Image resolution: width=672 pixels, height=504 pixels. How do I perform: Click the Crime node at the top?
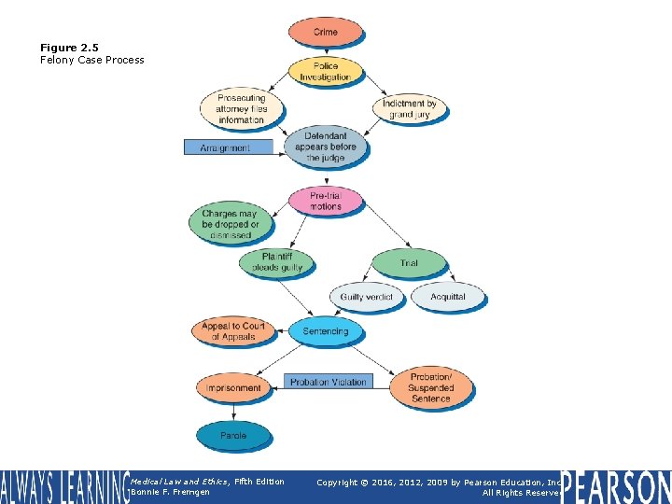[325, 32]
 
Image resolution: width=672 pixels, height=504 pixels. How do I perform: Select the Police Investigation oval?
[325, 72]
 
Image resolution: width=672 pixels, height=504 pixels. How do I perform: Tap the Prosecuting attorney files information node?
[241, 108]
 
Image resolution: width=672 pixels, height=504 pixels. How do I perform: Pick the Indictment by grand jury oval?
[409, 108]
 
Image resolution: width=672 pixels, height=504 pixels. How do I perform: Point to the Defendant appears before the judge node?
[326, 147]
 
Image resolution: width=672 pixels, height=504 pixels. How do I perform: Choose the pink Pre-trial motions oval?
[326, 201]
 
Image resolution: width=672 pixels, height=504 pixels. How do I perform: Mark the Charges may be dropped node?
[230, 224]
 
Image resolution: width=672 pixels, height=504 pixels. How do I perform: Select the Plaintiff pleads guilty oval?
[277, 262]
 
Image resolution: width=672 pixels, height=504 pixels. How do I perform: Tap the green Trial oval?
[409, 263]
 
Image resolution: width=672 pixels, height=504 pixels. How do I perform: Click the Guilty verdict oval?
[367, 297]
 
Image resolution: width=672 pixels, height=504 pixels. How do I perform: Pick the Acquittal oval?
[448, 297]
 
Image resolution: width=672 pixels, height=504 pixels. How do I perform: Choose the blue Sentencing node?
[325, 331]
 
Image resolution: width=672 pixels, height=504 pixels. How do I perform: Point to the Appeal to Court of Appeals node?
[232, 331]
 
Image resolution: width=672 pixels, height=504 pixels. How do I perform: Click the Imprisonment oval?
[232, 387]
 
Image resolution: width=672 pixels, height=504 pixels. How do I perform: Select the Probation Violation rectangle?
[328, 382]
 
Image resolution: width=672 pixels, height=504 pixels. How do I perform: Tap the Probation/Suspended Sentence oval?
[430, 387]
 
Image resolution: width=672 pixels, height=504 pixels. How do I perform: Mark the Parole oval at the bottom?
[232, 435]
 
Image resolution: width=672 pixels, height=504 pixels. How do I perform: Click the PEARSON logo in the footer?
[616, 487]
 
